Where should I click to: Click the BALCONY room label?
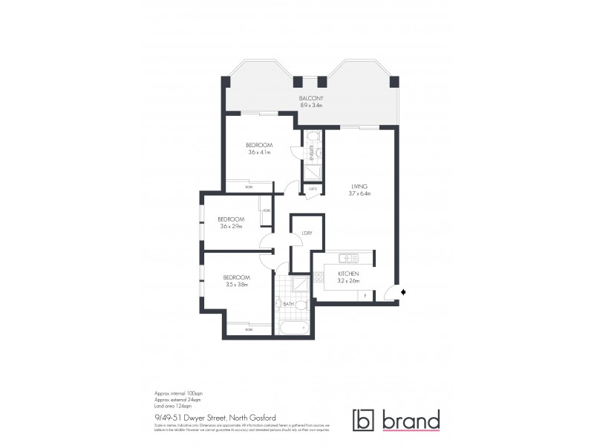(312, 98)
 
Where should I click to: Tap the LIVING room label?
(360, 186)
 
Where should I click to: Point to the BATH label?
(289, 304)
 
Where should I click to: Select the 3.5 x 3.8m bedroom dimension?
(236, 284)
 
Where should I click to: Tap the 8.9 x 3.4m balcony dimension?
(312, 106)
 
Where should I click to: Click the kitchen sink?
(345, 259)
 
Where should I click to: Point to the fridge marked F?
(365, 295)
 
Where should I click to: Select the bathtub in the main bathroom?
(293, 326)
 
